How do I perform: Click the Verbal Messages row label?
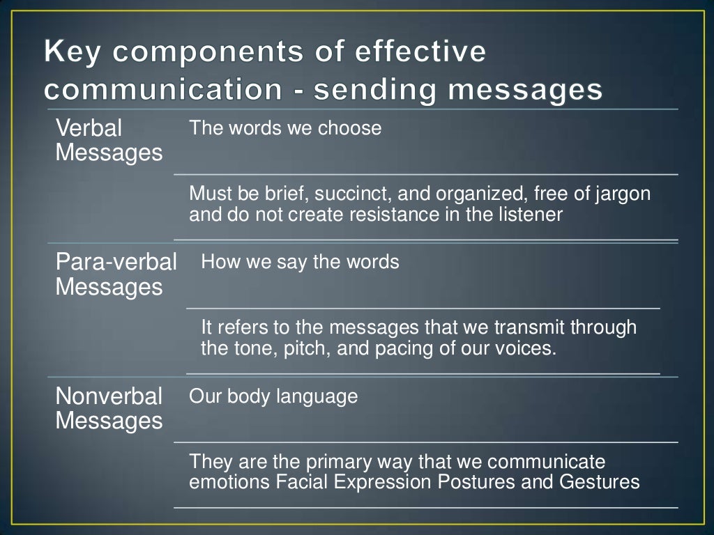108,141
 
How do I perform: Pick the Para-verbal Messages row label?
116,274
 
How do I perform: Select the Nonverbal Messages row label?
109,408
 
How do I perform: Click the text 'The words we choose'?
285,128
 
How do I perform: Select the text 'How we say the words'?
300,262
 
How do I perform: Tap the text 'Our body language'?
273,396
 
